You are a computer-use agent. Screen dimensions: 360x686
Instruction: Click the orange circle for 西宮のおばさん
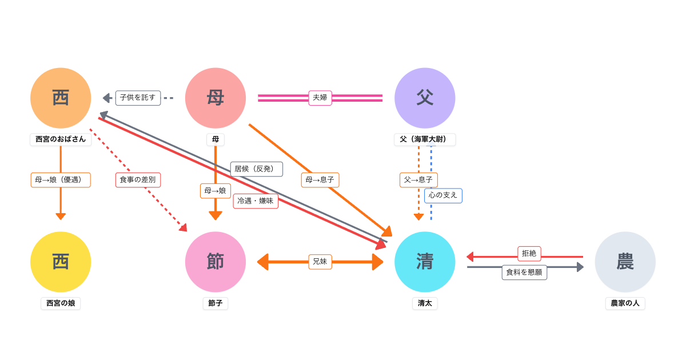[x=61, y=98]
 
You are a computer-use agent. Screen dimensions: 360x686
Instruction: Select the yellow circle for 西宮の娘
[x=61, y=262]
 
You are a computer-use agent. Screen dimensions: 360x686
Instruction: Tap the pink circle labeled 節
[x=216, y=262]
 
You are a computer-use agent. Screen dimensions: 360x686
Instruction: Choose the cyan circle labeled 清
[x=425, y=262]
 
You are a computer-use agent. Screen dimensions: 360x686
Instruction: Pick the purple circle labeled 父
[x=425, y=98]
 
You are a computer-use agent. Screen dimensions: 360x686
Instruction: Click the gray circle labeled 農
[x=625, y=262]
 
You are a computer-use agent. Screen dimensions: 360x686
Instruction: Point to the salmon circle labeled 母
[x=216, y=98]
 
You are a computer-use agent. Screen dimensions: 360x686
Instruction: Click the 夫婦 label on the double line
[x=320, y=98]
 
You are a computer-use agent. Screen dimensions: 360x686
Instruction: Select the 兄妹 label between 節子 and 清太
[x=320, y=262]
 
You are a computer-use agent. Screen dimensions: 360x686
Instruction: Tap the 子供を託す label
[x=138, y=98]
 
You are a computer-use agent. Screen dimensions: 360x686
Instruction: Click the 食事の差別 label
[x=138, y=180]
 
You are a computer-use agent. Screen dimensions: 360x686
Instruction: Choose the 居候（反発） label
[x=257, y=169]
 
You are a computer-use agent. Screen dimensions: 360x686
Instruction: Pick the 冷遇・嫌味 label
[x=256, y=201]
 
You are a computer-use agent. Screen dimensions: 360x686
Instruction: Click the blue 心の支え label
[x=443, y=195]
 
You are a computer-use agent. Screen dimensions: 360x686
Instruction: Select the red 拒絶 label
[x=529, y=253]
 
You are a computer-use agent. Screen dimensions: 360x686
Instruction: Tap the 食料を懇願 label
[x=524, y=273]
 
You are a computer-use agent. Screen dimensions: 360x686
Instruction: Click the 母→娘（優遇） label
[x=61, y=180]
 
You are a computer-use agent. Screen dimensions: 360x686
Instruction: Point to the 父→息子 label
[x=418, y=180]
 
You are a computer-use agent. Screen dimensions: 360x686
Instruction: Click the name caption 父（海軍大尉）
[x=425, y=139]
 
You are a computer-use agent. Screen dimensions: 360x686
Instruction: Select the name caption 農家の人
[x=625, y=303]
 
